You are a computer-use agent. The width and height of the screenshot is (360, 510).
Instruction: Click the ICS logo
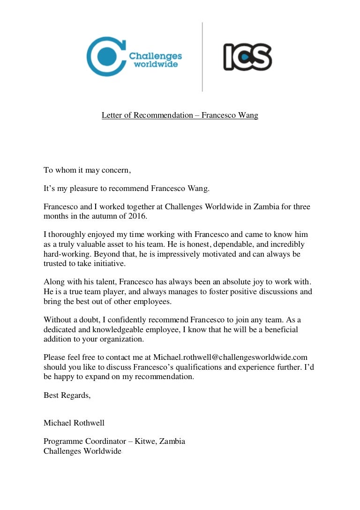coord(247,57)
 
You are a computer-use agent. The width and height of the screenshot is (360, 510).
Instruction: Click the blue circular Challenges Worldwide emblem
coord(104,56)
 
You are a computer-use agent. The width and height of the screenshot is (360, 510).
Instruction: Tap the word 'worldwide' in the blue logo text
coord(156,64)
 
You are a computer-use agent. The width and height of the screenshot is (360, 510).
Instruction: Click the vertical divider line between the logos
coord(202,56)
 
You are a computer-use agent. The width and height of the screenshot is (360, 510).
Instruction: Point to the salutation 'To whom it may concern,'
coord(87,170)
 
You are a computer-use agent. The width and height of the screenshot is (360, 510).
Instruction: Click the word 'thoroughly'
coord(67,234)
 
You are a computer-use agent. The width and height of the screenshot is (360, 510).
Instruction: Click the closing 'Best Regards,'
coord(67,395)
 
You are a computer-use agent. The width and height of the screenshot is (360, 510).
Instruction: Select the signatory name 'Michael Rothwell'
coord(74,423)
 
